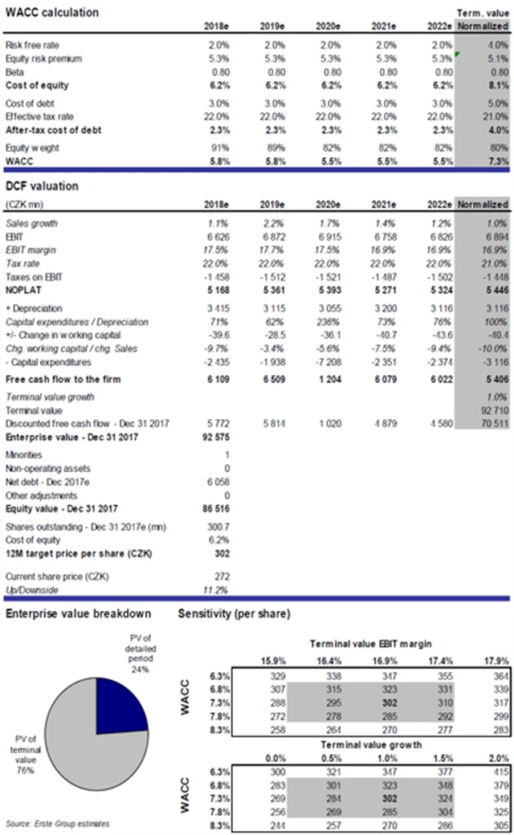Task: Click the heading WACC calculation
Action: point(52,13)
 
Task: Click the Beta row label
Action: point(15,72)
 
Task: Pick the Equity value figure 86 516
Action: point(217,509)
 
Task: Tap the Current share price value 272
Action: point(222,576)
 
